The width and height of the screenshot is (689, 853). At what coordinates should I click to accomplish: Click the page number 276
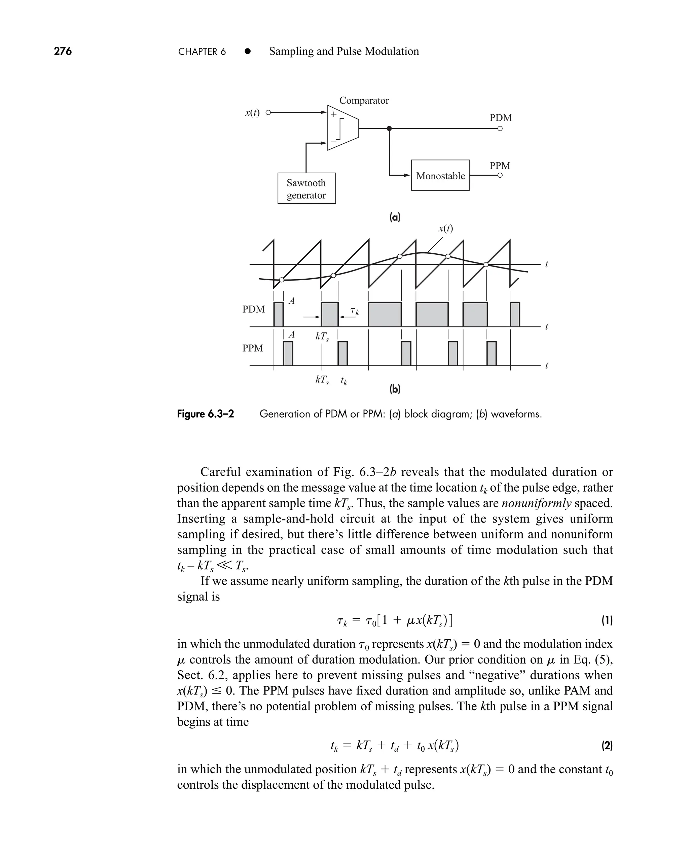click(63, 51)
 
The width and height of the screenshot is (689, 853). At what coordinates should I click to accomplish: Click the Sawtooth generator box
click(306, 188)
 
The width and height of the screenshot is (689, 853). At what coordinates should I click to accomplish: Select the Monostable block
click(440, 175)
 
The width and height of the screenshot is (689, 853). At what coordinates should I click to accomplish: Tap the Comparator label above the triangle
click(364, 100)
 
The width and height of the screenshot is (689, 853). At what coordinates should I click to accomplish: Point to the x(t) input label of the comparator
click(252, 113)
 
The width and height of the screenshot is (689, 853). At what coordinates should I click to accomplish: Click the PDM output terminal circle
click(500, 129)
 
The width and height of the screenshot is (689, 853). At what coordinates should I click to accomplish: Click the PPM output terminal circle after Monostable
click(500, 175)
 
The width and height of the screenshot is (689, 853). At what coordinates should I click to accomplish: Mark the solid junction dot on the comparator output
click(389, 129)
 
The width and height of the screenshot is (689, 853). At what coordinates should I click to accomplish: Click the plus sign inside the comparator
click(334, 114)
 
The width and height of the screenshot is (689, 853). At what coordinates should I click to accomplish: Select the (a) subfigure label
click(395, 217)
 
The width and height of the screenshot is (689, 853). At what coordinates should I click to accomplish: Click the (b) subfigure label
click(395, 389)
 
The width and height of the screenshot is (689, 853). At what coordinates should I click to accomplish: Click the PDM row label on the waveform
click(253, 309)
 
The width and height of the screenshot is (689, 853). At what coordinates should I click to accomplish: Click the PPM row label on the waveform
click(252, 348)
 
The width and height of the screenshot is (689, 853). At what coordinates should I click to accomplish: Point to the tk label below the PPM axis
click(344, 381)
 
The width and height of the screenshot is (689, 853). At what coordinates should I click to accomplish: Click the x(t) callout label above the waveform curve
click(445, 228)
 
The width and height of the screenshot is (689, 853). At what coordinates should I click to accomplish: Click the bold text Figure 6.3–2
click(205, 414)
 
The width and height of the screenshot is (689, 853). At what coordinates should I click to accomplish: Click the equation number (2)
click(607, 746)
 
